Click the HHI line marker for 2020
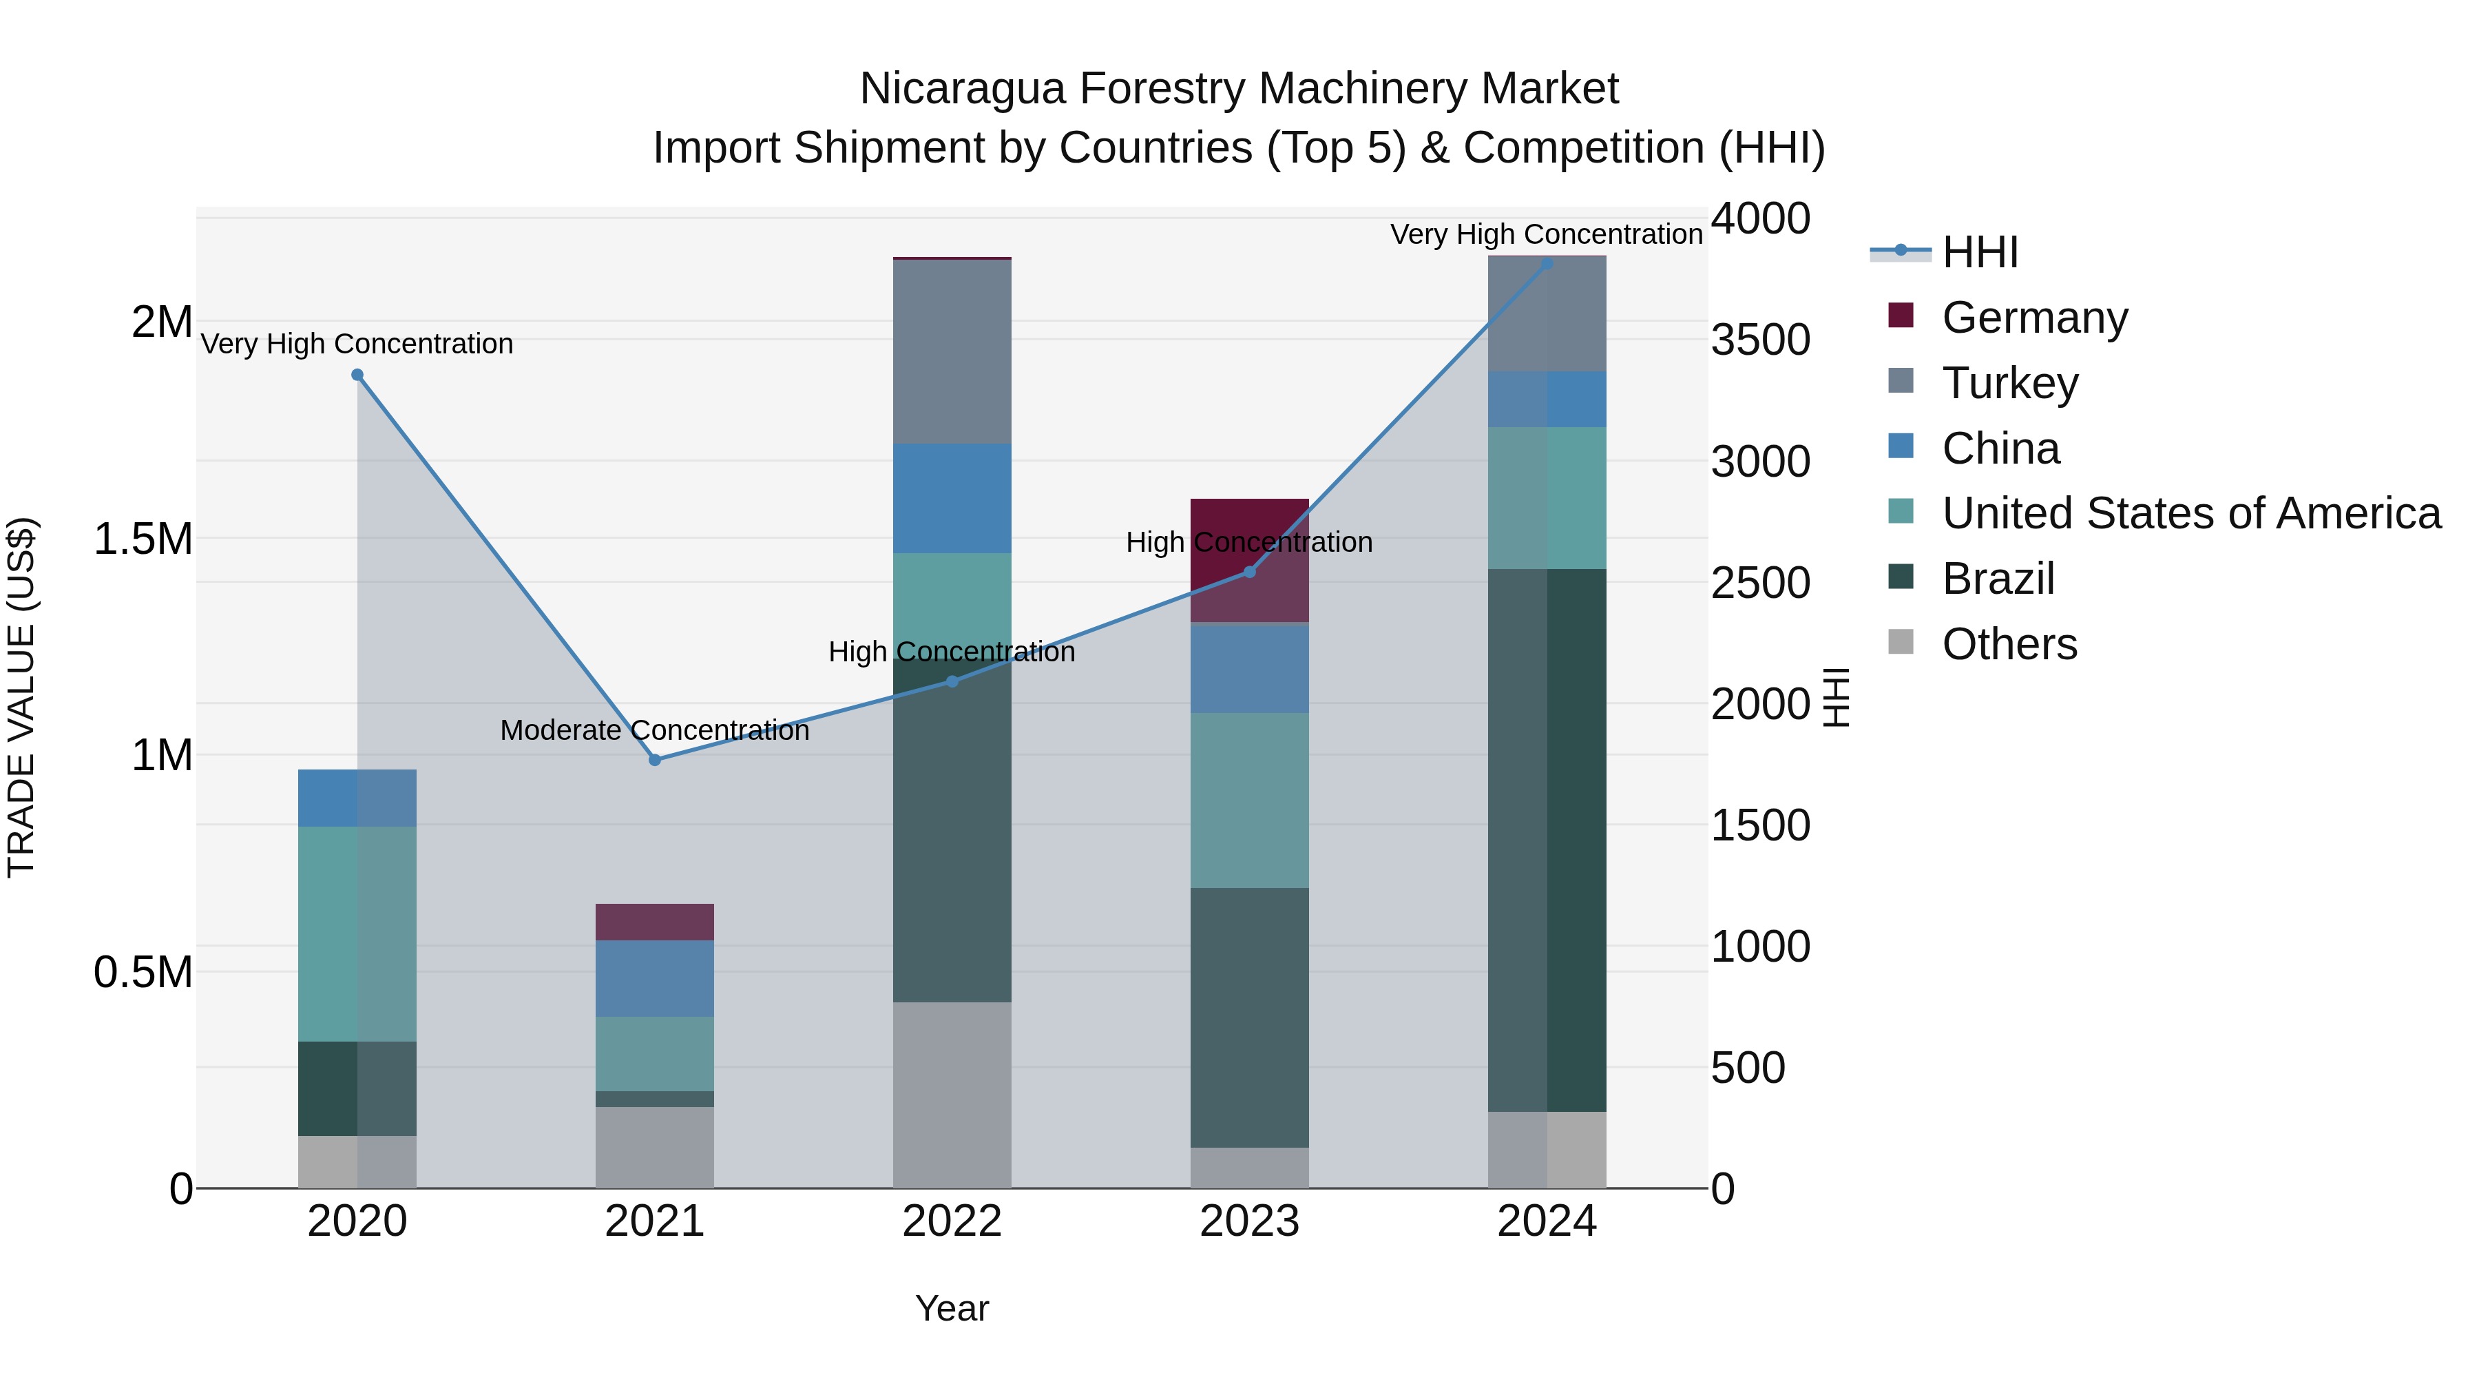pos(357,375)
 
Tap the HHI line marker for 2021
pos(654,760)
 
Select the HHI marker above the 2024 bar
pos(1547,263)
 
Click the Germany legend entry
pos(2033,318)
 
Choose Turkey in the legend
pos(2009,383)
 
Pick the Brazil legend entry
pos(1998,579)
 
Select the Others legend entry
pos(2009,644)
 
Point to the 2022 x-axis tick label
pos(952,1221)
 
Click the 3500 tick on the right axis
pos(1760,340)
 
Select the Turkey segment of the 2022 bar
pos(952,351)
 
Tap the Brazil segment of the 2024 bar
pos(1547,840)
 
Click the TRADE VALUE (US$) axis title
pos(21,697)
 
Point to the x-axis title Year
pos(952,1308)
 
